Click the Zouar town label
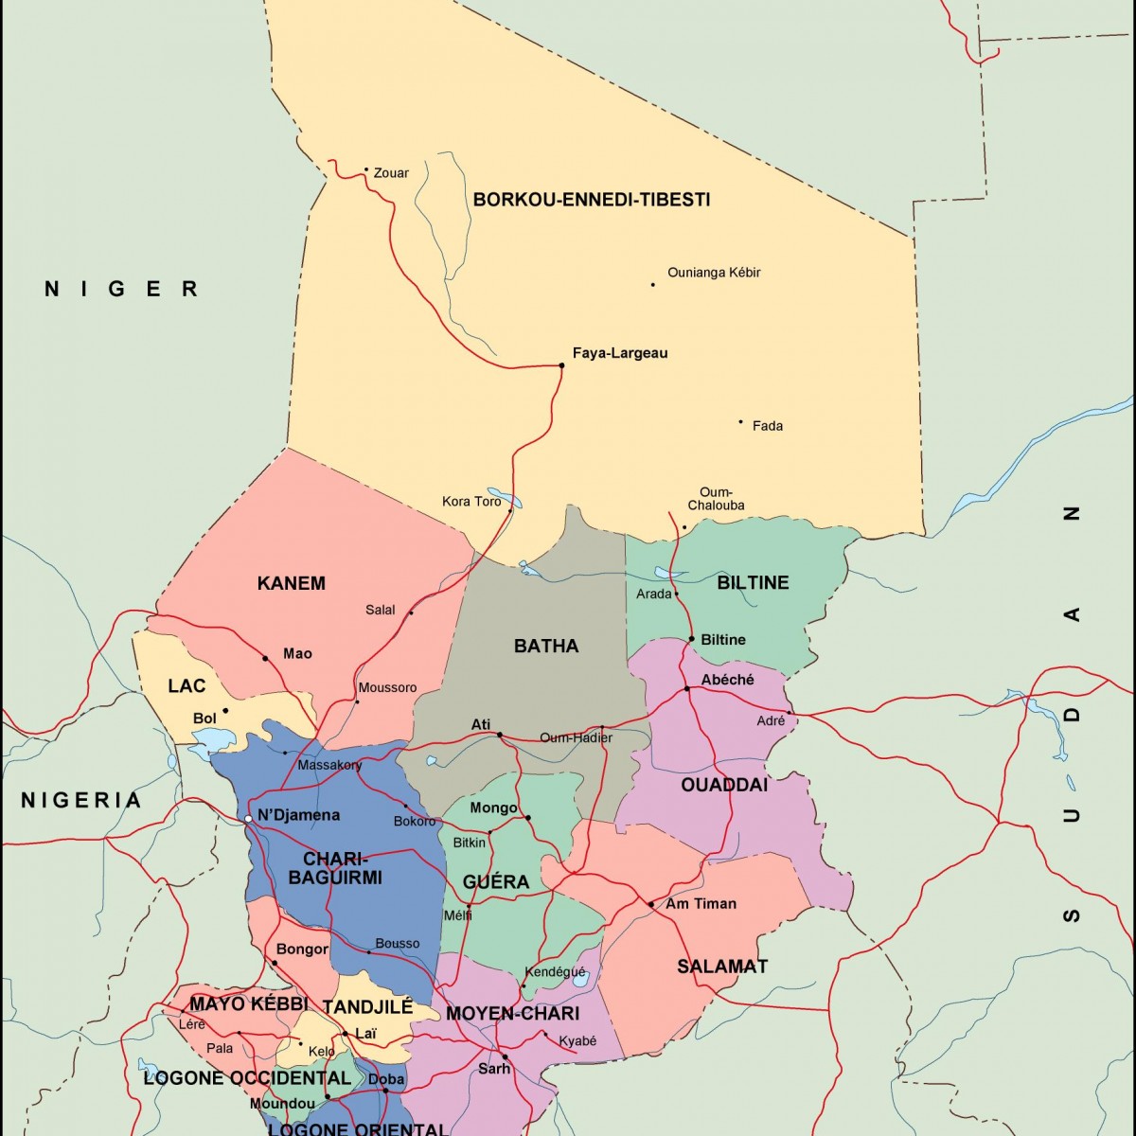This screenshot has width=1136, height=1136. point(391,172)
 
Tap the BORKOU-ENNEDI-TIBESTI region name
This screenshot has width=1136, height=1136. point(591,200)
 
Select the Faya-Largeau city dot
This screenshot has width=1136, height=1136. point(561,364)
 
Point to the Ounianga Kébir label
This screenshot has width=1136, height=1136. point(714,273)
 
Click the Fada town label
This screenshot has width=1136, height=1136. point(767,426)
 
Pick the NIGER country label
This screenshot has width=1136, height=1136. point(121,289)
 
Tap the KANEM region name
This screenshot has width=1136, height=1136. point(291,583)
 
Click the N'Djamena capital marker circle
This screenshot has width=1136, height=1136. point(248,818)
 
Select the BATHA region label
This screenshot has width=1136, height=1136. point(545,646)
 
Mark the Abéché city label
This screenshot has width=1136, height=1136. point(727,680)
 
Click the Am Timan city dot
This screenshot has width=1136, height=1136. point(651,904)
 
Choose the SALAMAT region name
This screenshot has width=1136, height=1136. point(721,967)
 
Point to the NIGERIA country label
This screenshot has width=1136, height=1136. point(80,801)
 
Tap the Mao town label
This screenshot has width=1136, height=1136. point(297,653)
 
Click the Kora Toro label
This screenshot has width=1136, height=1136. point(471,501)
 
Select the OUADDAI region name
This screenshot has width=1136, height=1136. point(724,784)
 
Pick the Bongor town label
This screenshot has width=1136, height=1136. point(302,949)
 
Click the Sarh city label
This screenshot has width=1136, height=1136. point(493,1069)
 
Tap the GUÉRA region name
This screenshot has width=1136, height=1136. point(495,881)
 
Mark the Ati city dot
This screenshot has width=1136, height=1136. point(500,734)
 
